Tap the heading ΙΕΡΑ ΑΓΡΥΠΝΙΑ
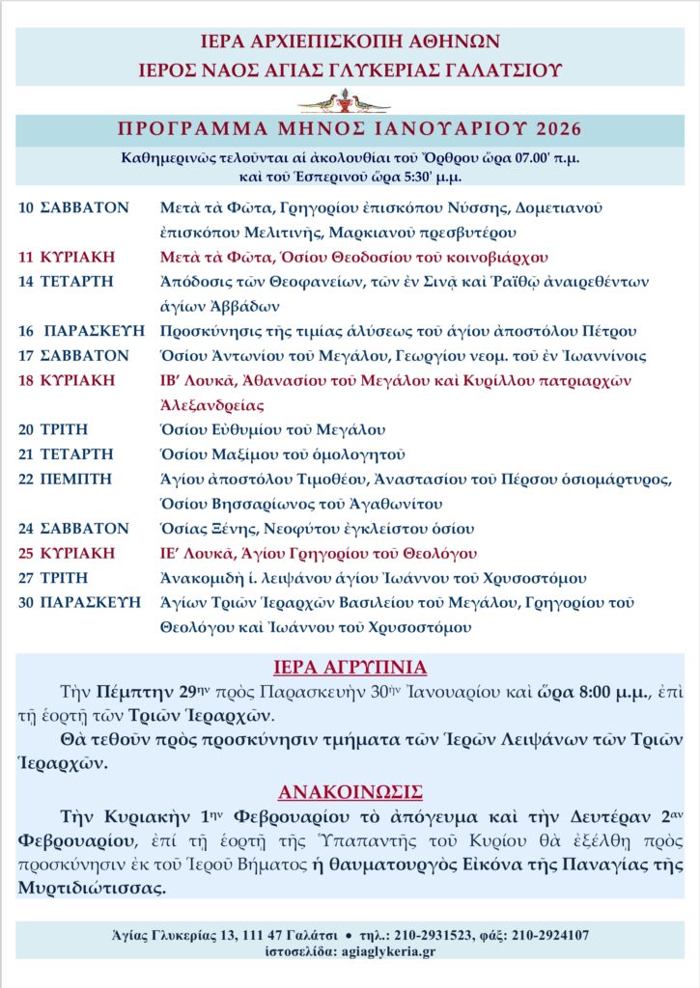tap(350, 668)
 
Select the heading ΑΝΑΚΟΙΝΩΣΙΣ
tap(350, 792)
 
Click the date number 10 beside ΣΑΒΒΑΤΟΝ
tap(26, 207)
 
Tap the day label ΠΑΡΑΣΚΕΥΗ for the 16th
tap(93, 331)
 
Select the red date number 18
tap(26, 380)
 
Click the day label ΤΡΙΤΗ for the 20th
tap(65, 429)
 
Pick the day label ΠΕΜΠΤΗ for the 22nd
tap(76, 479)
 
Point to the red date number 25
tap(26, 553)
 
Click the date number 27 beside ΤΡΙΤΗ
tap(26, 578)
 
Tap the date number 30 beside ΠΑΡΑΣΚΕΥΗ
tap(26, 602)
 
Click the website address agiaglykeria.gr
tap(387, 950)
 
